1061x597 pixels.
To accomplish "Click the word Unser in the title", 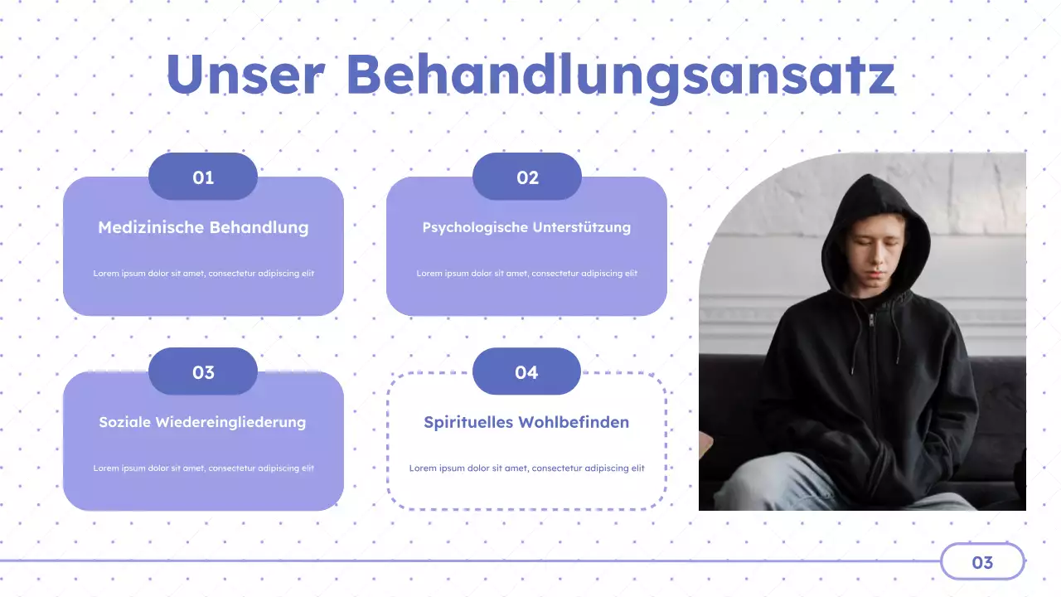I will [x=245, y=75].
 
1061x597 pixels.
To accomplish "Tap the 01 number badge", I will [x=203, y=177].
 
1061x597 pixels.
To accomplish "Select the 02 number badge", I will [x=527, y=177].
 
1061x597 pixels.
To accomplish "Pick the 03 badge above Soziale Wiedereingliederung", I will [x=203, y=371].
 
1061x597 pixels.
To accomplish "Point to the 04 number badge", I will [x=527, y=371].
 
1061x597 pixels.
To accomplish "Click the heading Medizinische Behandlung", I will [x=203, y=227].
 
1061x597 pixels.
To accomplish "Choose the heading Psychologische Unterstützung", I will [x=526, y=227].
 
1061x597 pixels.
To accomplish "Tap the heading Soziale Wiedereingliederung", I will [x=202, y=422].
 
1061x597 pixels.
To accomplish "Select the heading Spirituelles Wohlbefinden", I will [x=526, y=422].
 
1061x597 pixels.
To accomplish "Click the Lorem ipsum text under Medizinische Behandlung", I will [x=203, y=274].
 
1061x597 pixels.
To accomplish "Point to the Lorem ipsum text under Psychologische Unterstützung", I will [x=526, y=274].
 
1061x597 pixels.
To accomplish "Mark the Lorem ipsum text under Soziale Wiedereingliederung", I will [x=203, y=468].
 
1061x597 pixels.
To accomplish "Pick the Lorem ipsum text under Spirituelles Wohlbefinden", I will [x=526, y=468].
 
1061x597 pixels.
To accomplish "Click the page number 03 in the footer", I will [x=982, y=562].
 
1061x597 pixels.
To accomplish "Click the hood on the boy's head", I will [x=870, y=199].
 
